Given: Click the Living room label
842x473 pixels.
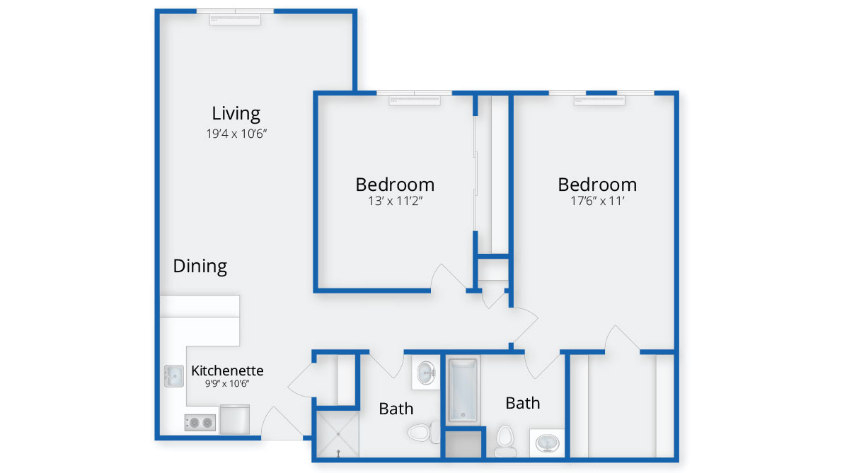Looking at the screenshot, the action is click(236, 113).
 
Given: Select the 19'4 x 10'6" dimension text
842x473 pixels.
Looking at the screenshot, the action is click(236, 134).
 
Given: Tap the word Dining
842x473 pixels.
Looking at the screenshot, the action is click(200, 266).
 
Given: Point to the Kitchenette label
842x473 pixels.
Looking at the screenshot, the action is click(227, 370).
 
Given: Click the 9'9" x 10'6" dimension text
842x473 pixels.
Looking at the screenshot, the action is click(227, 383).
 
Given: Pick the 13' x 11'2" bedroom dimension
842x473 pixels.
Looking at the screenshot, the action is click(396, 201).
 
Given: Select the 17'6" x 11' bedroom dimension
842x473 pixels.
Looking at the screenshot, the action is click(597, 201).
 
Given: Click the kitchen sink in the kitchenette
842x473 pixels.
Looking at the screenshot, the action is click(174, 376).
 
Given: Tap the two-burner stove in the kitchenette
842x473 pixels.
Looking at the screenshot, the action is click(200, 423).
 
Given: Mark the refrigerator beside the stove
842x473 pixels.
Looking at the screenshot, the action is click(235, 419).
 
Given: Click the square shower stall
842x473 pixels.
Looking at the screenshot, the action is click(338, 434).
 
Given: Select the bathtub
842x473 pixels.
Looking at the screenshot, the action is click(462, 390).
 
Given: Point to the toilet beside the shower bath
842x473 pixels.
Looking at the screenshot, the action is click(422, 432).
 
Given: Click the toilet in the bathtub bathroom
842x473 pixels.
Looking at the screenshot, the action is click(504, 440).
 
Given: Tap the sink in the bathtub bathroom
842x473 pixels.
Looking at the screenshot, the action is click(547, 443).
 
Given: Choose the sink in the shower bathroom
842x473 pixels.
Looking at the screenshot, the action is click(427, 373).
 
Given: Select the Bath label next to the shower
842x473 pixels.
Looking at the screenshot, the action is click(396, 409).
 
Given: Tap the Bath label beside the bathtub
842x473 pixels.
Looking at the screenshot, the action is click(522, 403).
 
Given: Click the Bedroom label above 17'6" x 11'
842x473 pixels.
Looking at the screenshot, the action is click(597, 185).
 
